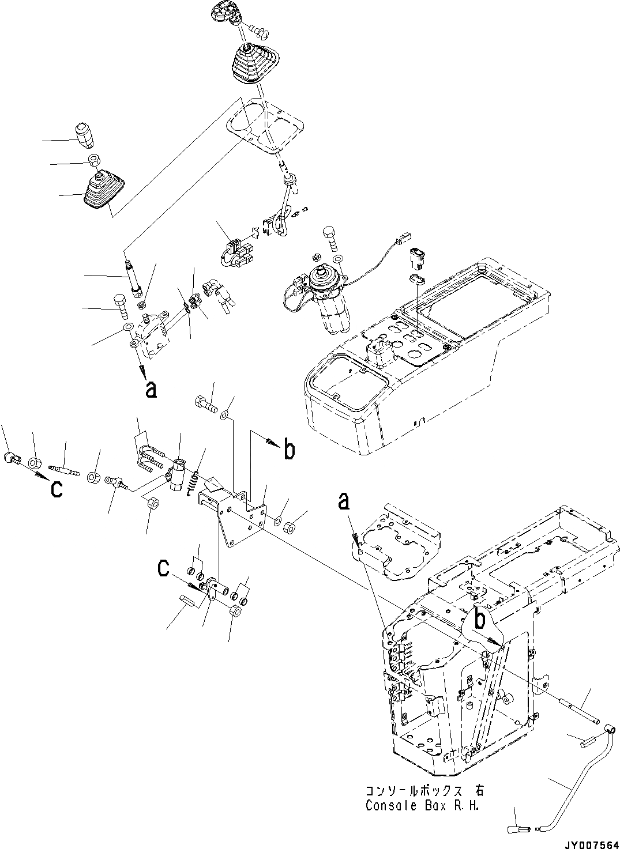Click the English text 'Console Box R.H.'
click(424, 806)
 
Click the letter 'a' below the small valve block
click(151, 390)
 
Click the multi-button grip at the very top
click(223, 11)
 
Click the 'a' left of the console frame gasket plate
click(344, 502)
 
